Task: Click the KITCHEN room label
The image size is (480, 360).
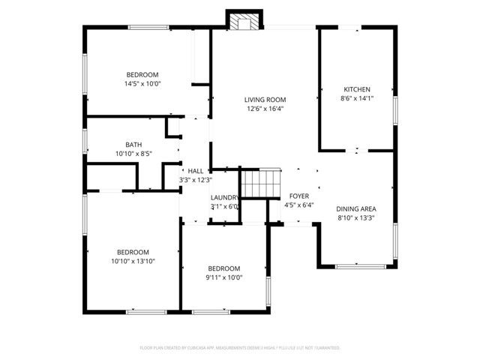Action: point(356,89)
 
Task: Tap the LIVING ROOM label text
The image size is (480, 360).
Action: point(265,99)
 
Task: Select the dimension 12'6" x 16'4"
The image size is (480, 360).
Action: point(265,109)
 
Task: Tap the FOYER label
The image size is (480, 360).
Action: point(299,196)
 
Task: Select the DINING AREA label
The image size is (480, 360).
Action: point(355,208)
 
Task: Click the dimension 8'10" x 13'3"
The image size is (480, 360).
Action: point(355,218)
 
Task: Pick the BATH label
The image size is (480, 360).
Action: point(133,145)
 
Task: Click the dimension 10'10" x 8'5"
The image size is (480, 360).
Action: point(133,154)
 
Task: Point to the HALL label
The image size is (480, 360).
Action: point(196,171)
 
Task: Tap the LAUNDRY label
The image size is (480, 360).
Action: point(224,197)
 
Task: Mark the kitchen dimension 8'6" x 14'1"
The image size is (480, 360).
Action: point(356,98)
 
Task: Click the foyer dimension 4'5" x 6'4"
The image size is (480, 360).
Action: point(299,205)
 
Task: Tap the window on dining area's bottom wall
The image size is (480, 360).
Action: point(357,265)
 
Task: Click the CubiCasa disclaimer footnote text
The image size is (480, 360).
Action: point(240,348)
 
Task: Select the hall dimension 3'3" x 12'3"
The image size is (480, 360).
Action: point(196,180)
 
